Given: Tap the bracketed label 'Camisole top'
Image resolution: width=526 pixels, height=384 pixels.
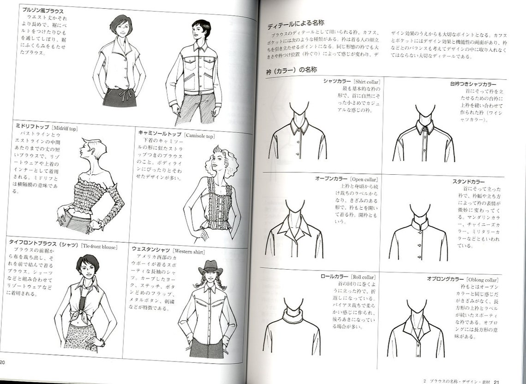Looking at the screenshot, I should click(x=199, y=136).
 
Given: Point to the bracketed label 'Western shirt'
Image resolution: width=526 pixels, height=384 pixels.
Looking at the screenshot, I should click(x=189, y=252).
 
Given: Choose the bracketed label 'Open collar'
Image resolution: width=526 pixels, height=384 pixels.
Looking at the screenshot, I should click(x=364, y=179).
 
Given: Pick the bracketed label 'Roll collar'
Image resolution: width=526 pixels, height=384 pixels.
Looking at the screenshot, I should click(x=364, y=277).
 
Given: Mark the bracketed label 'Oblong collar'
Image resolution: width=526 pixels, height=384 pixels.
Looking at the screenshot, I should click(x=483, y=279).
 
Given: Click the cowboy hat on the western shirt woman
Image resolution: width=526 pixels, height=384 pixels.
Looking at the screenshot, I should click(x=210, y=266).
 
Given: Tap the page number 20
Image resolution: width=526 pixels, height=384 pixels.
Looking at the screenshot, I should click(x=3, y=362).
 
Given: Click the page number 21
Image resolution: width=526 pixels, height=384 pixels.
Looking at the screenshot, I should click(x=496, y=381).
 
